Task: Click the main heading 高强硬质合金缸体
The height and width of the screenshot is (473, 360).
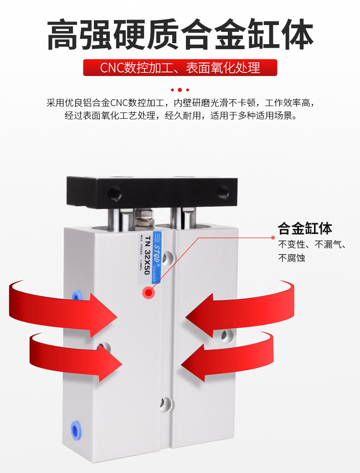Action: coord(180,35)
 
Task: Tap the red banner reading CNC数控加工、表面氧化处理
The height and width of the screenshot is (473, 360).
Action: coord(180,68)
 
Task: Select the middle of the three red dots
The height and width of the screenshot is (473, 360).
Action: coord(180,90)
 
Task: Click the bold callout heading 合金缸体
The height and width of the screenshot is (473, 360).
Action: coord(305,229)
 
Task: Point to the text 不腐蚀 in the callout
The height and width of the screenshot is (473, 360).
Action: coord(292,258)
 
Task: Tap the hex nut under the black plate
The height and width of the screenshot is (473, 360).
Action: coord(145,219)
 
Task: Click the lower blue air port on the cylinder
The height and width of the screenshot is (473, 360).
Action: coord(73,428)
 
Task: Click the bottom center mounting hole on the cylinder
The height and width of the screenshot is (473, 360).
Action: coord(166,403)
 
